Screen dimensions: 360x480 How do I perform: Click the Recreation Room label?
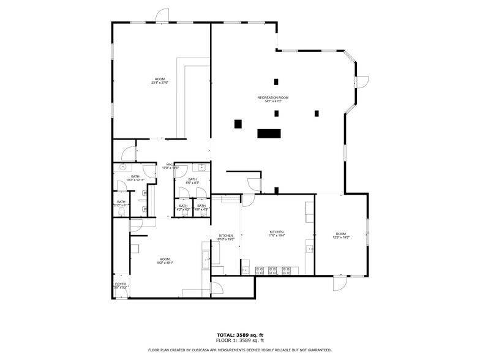coord(273,99)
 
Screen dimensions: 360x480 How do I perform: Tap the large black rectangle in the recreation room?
coord(268,133)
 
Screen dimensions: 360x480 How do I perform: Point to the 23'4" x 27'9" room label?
coord(160,80)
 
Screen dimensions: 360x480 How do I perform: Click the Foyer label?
coord(121,285)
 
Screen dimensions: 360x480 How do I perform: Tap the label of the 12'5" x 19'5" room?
coord(341,236)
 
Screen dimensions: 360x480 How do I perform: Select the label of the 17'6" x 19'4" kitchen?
coord(277,233)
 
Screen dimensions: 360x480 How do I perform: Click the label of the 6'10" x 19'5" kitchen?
coord(226,237)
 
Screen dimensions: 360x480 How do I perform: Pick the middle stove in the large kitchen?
coord(272,270)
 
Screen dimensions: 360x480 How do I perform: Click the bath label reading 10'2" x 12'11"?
coord(135,178)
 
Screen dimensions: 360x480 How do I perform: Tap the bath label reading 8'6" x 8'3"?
coord(192,181)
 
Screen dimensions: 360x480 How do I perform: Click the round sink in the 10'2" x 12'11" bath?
coord(122,167)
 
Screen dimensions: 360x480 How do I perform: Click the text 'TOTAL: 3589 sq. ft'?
coord(240,335)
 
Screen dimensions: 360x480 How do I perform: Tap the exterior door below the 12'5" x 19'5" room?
coord(340,283)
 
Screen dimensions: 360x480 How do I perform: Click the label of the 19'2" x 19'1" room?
coord(165,261)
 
